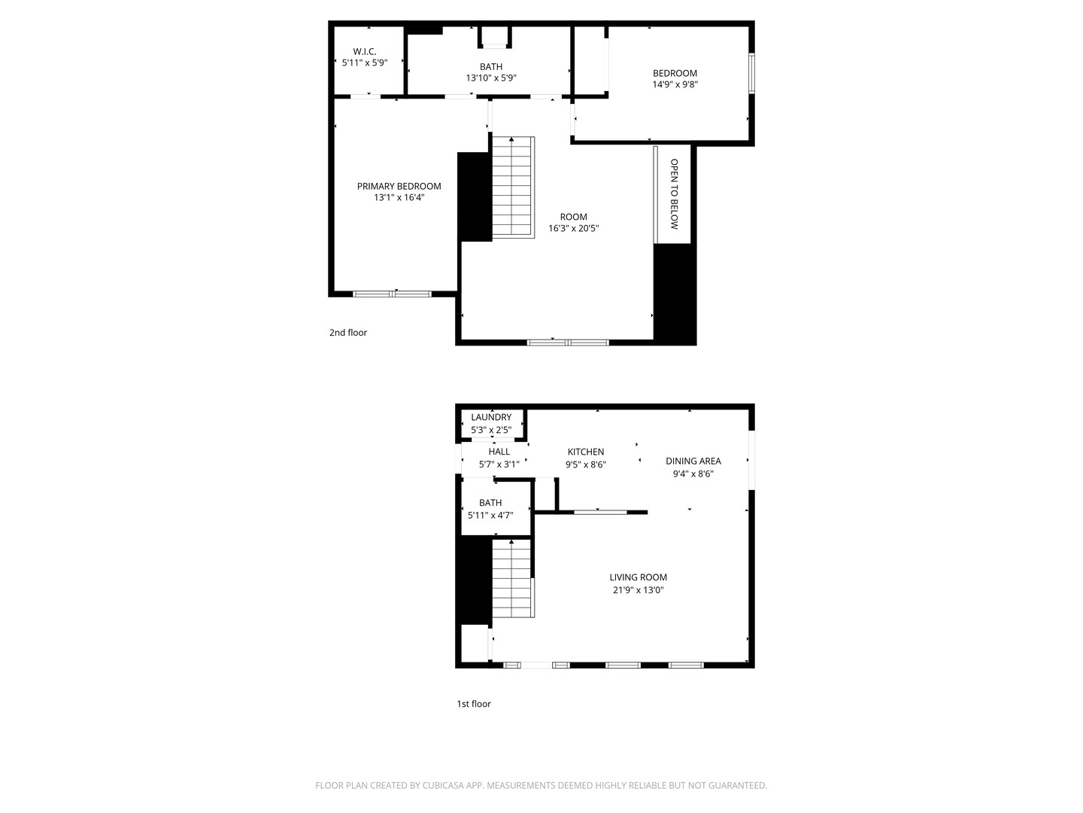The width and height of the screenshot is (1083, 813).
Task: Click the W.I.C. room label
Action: pyautogui.click(x=365, y=51)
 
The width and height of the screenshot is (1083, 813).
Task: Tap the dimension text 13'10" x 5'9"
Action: pyautogui.click(x=491, y=78)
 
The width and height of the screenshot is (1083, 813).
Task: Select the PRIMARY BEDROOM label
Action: pyautogui.click(x=399, y=186)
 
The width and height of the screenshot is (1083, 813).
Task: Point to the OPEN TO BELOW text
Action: pyautogui.click(x=674, y=194)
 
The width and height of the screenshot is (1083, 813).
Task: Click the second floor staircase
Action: pyautogui.click(x=513, y=187)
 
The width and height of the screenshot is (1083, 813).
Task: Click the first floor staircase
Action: pyautogui.click(x=513, y=578)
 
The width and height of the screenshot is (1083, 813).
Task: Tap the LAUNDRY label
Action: pyautogui.click(x=491, y=417)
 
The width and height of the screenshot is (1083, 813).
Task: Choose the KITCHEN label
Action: pyautogui.click(x=586, y=452)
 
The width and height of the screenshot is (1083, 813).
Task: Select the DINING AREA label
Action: pyautogui.click(x=693, y=461)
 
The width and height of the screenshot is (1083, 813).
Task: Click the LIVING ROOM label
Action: pyautogui.click(x=638, y=577)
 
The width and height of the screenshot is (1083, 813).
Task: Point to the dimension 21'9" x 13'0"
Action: pyautogui.click(x=638, y=590)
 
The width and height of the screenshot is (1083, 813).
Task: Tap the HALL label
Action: pyautogui.click(x=499, y=452)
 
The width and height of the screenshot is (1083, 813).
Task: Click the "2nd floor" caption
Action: pyautogui.click(x=348, y=333)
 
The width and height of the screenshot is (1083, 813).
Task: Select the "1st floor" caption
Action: pyautogui.click(x=474, y=704)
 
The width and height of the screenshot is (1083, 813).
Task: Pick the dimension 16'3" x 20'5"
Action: pyautogui.click(x=573, y=228)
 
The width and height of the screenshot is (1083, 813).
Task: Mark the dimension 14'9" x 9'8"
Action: pyautogui.click(x=675, y=84)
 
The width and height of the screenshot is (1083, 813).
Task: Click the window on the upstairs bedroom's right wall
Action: pyautogui.click(x=751, y=73)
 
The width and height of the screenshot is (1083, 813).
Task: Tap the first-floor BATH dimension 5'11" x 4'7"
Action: pyautogui.click(x=490, y=516)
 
